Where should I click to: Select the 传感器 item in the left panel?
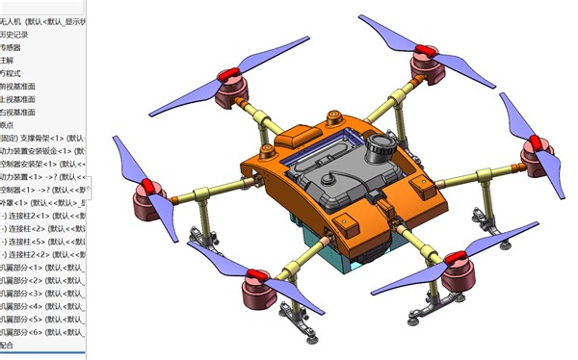tap(12, 46)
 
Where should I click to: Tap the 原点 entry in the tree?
tap(8, 124)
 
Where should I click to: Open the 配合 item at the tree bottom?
tap(8, 344)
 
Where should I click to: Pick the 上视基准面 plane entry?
tap(19, 98)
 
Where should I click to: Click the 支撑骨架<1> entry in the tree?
tap(43, 138)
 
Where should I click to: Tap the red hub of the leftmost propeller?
tap(144, 186)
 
